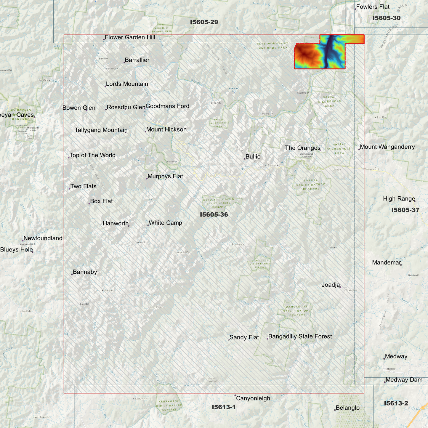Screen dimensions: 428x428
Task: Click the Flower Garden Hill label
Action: (x=130, y=37)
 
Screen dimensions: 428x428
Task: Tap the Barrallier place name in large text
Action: (x=137, y=60)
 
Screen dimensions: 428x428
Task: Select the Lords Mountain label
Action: (x=127, y=84)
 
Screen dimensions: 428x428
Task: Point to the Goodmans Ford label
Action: (x=167, y=106)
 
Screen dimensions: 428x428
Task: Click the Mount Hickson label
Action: (x=166, y=129)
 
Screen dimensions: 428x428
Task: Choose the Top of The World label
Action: (x=92, y=155)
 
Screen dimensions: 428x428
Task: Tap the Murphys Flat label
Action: (x=165, y=176)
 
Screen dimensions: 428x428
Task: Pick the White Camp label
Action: (x=165, y=223)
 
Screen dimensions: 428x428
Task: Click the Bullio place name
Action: (x=253, y=157)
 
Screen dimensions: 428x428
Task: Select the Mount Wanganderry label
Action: (x=387, y=147)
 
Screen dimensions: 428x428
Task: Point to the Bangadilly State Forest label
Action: (x=300, y=336)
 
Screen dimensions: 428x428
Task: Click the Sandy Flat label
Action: (x=244, y=337)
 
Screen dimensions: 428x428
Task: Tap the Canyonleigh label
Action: (x=253, y=398)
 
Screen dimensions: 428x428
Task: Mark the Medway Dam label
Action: (x=404, y=380)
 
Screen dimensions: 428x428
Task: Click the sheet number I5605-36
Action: (x=214, y=214)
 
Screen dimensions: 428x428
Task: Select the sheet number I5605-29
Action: (x=204, y=22)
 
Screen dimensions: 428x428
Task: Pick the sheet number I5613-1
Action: (x=224, y=407)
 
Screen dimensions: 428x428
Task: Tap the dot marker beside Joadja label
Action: (x=340, y=287)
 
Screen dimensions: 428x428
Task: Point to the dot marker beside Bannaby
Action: (x=72, y=274)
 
